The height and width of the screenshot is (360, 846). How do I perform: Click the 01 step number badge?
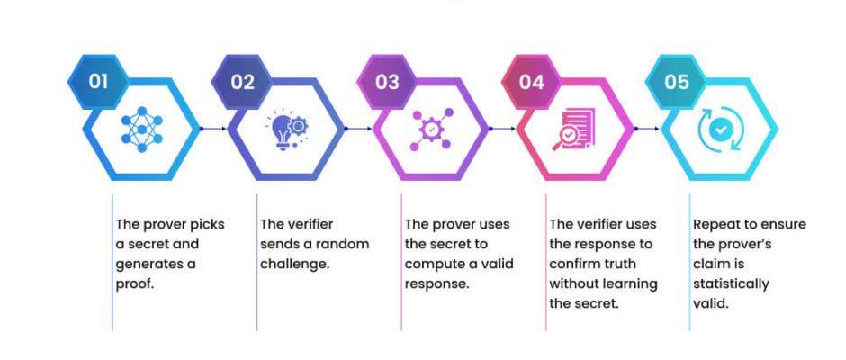tap(98, 82)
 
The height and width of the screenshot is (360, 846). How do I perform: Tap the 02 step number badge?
tap(242, 82)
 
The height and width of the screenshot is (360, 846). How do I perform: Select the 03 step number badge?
tap(387, 82)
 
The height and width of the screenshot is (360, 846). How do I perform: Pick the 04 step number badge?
tap(531, 82)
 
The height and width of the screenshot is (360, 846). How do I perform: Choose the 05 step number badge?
tap(676, 82)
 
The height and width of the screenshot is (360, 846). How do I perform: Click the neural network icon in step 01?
tap(142, 130)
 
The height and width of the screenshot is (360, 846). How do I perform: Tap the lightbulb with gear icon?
tap(287, 130)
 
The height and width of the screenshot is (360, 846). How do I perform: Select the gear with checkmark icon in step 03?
tap(431, 130)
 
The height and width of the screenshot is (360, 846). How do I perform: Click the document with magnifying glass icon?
tap(573, 130)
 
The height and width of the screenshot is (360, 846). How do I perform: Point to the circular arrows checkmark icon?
tap(720, 130)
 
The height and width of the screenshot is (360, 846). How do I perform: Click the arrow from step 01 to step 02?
tap(213, 129)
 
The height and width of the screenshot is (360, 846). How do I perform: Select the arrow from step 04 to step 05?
tap(647, 129)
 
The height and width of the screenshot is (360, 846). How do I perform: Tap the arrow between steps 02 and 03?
tap(358, 129)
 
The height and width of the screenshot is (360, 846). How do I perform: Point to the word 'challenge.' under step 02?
tap(296, 265)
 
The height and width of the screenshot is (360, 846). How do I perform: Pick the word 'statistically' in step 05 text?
tap(731, 283)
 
